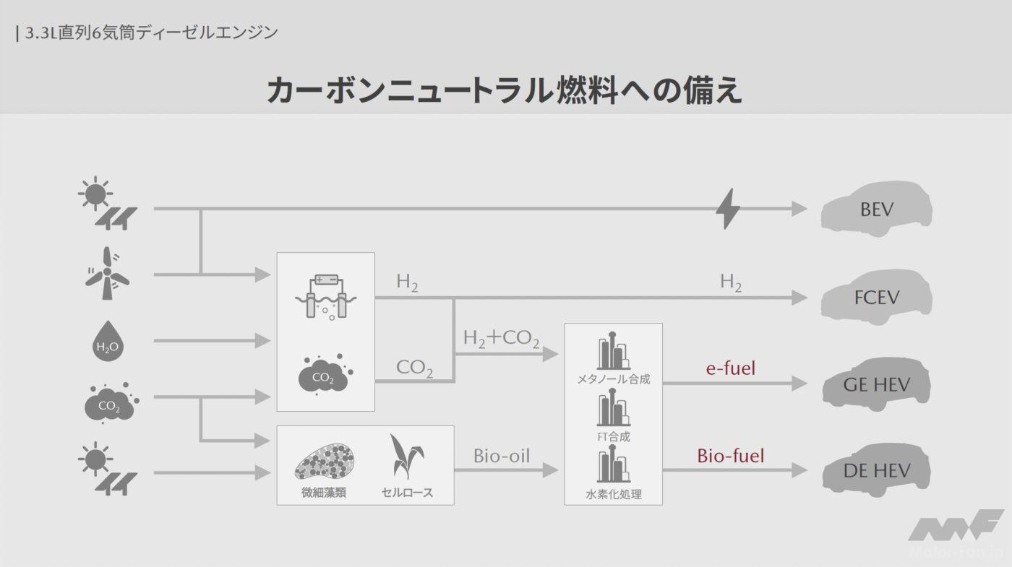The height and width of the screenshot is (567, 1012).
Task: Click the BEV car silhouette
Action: (876, 209)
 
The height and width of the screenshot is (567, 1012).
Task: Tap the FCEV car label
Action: (877, 297)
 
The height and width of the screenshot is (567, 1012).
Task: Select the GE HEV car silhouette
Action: (876, 384)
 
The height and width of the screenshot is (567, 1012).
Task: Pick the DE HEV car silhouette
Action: (876, 471)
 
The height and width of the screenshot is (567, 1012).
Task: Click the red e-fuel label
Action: (730, 368)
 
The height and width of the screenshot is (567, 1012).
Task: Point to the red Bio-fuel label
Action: (730, 456)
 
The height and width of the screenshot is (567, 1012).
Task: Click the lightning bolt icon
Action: (727, 209)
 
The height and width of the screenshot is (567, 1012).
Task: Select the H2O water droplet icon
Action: (107, 341)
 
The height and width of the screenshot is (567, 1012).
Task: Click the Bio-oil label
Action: (502, 456)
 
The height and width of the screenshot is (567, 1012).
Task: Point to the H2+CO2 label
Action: (501, 337)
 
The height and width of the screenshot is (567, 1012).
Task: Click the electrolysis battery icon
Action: (325, 295)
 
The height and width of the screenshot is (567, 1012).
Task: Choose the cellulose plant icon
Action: (406, 457)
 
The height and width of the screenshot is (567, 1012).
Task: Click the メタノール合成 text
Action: (613, 378)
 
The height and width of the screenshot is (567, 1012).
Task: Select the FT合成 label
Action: (613, 436)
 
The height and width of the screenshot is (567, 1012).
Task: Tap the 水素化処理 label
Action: (613, 494)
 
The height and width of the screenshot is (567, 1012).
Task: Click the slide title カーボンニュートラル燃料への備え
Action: (505, 91)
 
